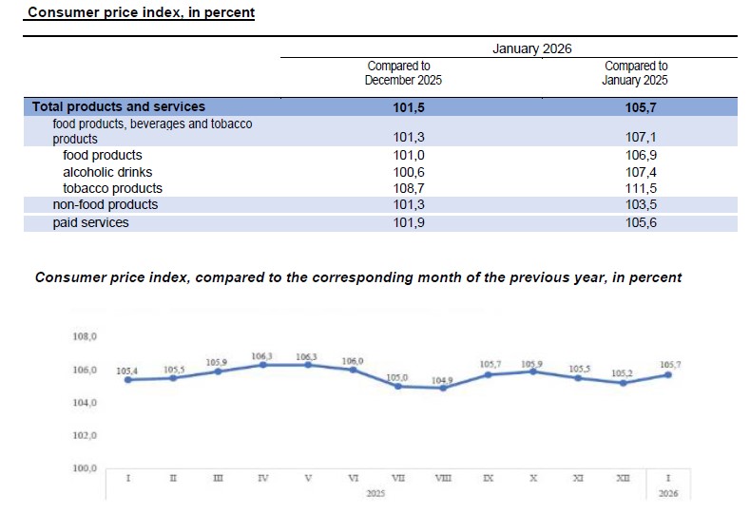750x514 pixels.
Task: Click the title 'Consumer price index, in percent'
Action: click(141, 13)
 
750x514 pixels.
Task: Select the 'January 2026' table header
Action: click(531, 48)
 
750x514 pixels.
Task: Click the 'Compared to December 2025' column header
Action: click(404, 73)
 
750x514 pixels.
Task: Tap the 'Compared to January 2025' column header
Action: click(636, 73)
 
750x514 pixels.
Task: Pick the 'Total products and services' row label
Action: click(119, 106)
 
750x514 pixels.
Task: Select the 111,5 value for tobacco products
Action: click(637, 188)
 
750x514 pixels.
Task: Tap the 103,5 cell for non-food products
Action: click(637, 204)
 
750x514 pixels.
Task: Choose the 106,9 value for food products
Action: click(637, 155)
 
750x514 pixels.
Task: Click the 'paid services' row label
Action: click(90, 223)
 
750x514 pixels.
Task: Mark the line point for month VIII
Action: click(443, 388)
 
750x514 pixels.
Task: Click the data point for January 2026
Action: click(669, 374)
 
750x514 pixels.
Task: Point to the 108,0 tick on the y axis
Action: click(85, 336)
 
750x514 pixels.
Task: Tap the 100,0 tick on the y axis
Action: click(85, 468)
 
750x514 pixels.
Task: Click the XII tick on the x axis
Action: click(624, 478)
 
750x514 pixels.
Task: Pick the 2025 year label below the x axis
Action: click(375, 494)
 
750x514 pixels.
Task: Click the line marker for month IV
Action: click(262, 365)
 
